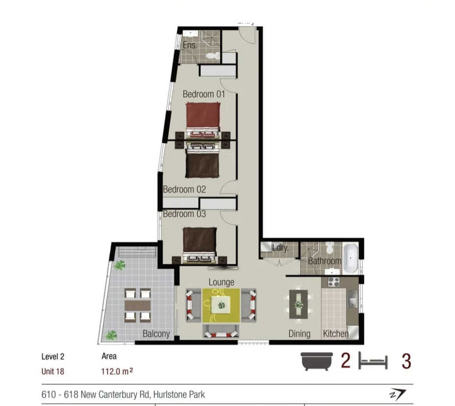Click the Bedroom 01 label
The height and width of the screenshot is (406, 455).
coord(203,94)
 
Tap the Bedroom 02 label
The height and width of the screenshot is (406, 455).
coord(184,189)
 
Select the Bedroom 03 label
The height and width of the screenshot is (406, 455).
coord(184,214)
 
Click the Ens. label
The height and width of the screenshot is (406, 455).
coord(190,45)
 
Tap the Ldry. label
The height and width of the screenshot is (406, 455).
coord(280,248)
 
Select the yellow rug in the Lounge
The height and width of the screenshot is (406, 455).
coord(221,305)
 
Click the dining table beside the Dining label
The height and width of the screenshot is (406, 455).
coord(299,305)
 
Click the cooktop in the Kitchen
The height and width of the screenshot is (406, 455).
coord(334,282)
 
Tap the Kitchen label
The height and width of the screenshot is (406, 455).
coord(336,334)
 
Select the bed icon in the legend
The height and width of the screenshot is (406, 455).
coord(373,362)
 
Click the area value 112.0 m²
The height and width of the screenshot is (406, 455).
coord(117,371)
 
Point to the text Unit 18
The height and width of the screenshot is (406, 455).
coord(53,371)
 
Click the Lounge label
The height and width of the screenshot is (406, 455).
coord(221,282)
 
